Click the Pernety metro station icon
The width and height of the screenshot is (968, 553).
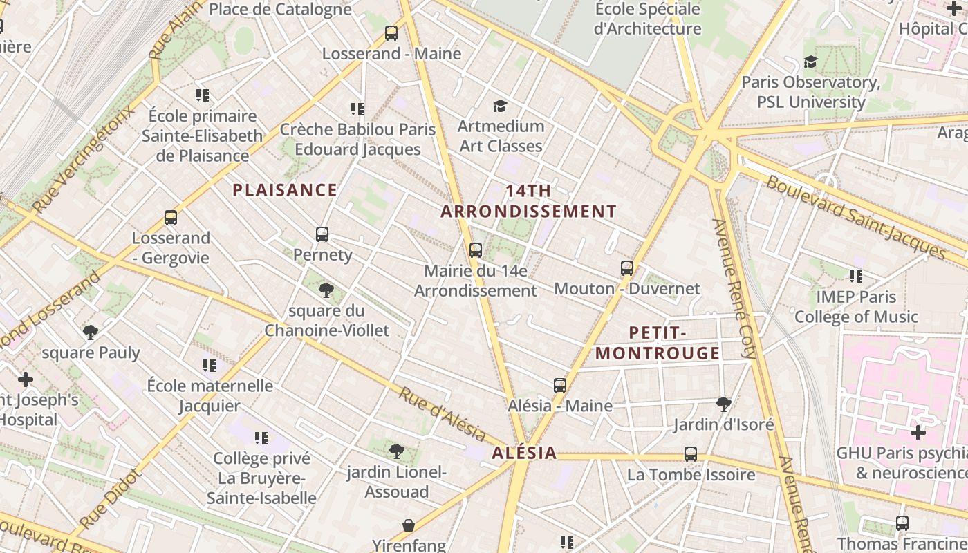point(322,234)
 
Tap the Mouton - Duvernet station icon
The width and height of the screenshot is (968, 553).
point(627,268)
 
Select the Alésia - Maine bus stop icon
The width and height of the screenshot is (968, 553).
point(560,385)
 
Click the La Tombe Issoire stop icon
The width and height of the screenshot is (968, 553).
point(691,453)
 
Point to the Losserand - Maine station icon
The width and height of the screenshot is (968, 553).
point(391,32)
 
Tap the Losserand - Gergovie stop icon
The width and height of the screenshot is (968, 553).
point(171,217)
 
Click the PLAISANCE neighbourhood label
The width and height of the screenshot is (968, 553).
point(285,190)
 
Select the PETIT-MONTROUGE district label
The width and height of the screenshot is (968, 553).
point(658,343)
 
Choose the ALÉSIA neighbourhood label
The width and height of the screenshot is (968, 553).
point(524,453)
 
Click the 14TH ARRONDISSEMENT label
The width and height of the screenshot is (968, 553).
point(528,201)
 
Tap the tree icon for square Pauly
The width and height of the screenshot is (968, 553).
point(91,332)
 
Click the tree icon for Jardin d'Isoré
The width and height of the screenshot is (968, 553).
point(724,404)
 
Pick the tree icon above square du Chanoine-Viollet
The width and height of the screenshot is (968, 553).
point(326,290)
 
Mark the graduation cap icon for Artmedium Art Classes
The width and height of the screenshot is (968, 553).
point(501,106)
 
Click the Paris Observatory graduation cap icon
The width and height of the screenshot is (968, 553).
point(810,62)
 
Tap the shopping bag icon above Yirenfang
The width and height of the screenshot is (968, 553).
point(409,525)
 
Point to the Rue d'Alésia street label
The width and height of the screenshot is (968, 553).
point(442,413)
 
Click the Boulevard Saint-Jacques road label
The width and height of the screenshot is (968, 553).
point(855,216)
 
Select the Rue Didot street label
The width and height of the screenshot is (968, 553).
point(111,499)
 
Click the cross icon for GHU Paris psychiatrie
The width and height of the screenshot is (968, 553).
point(918,433)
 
